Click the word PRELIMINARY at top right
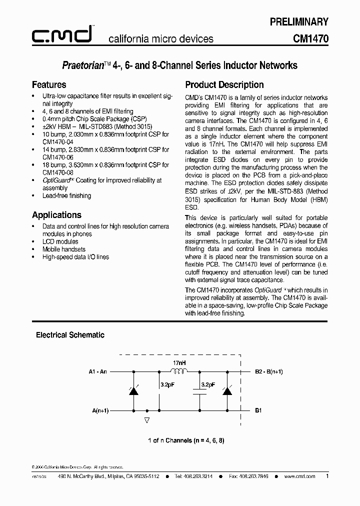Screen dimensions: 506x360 pos(299,21)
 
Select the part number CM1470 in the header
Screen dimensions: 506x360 pos(310,38)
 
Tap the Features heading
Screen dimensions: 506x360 pos(49,84)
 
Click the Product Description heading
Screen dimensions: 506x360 pos(224,84)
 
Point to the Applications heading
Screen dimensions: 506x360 pos(56,215)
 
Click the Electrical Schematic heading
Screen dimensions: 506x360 pos(70,335)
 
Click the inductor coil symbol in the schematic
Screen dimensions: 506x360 pos(178,371)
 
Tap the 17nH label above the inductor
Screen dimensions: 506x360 pos(178,362)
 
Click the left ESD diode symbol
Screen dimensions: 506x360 pos(133,390)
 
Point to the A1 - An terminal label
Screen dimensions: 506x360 pos(97,371)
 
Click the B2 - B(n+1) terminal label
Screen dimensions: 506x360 pos(269,371)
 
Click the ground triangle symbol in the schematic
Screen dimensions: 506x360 pos(146,420)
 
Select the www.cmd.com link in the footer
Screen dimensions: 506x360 pos(299,476)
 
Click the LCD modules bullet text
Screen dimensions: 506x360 pos(60,241)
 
